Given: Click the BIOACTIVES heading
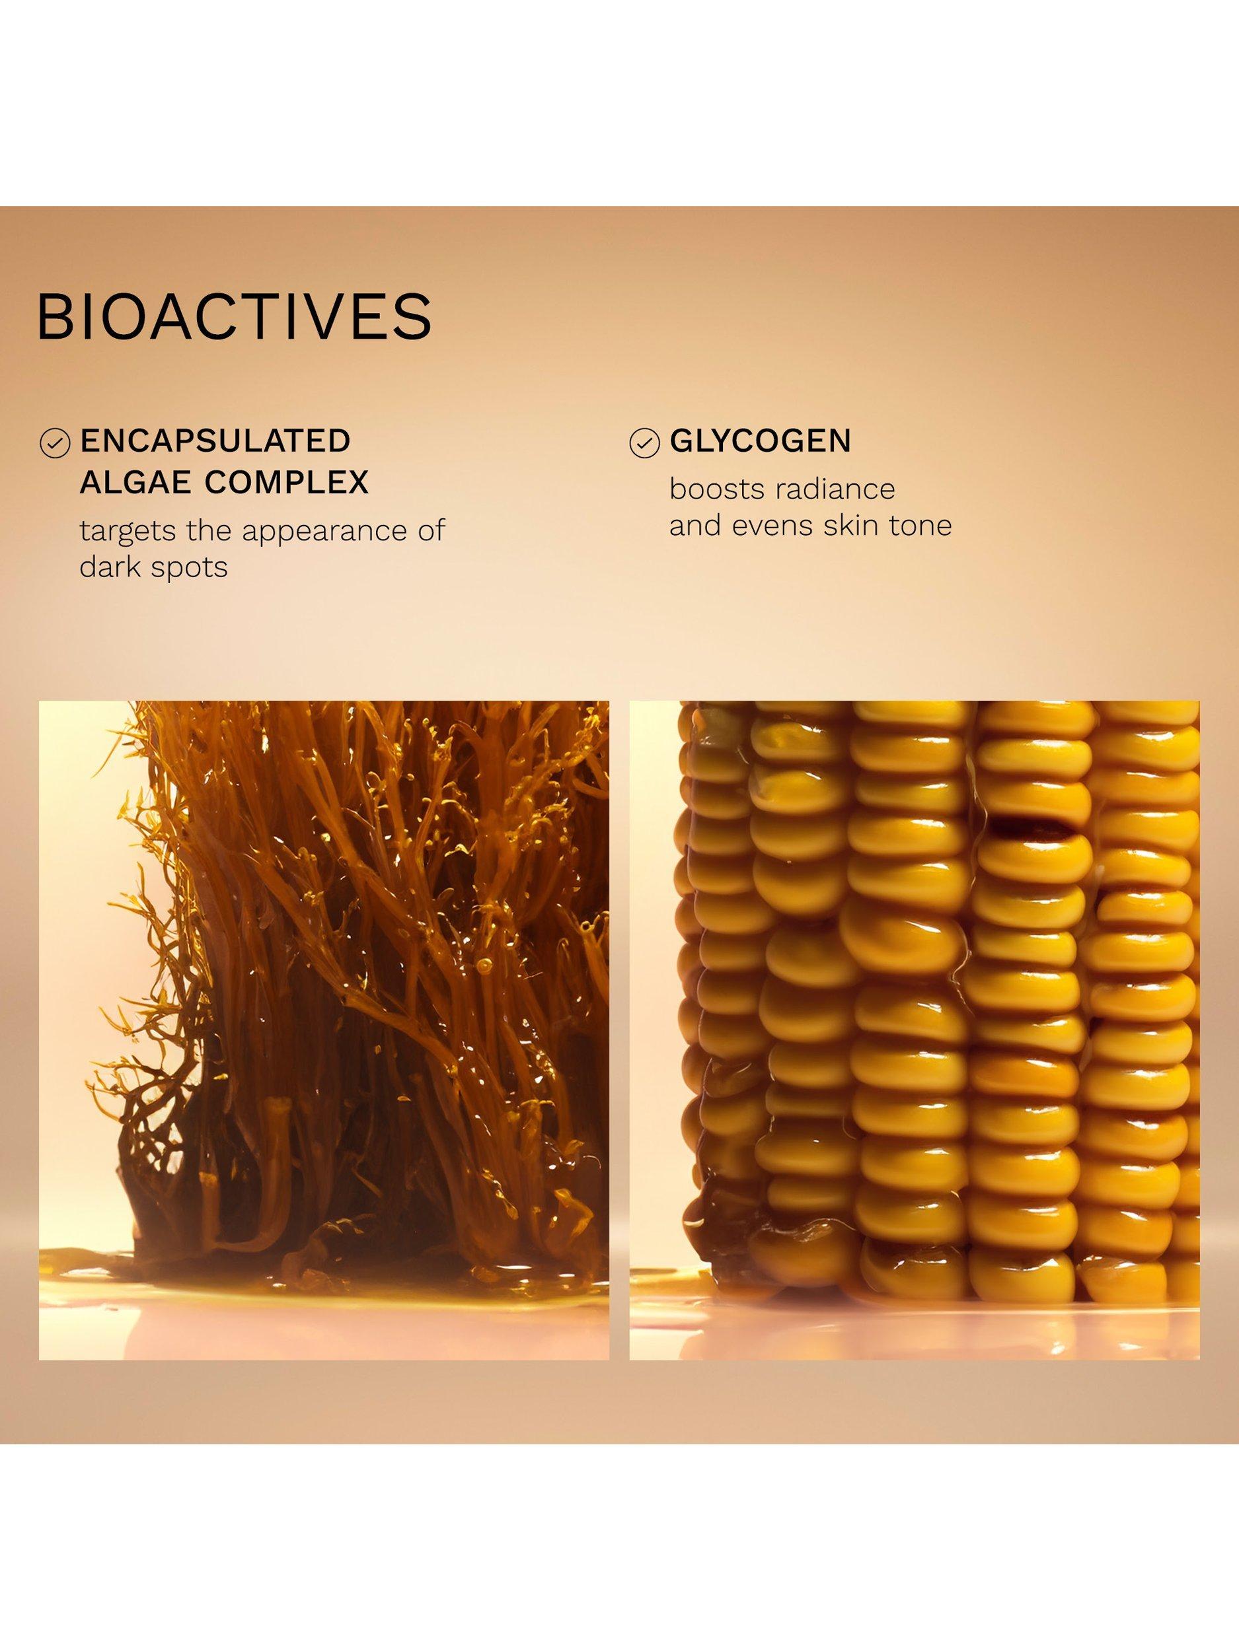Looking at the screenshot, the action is [x=234, y=317].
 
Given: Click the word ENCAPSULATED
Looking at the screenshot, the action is [x=215, y=442].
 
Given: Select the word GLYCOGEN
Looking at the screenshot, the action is [x=761, y=442].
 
